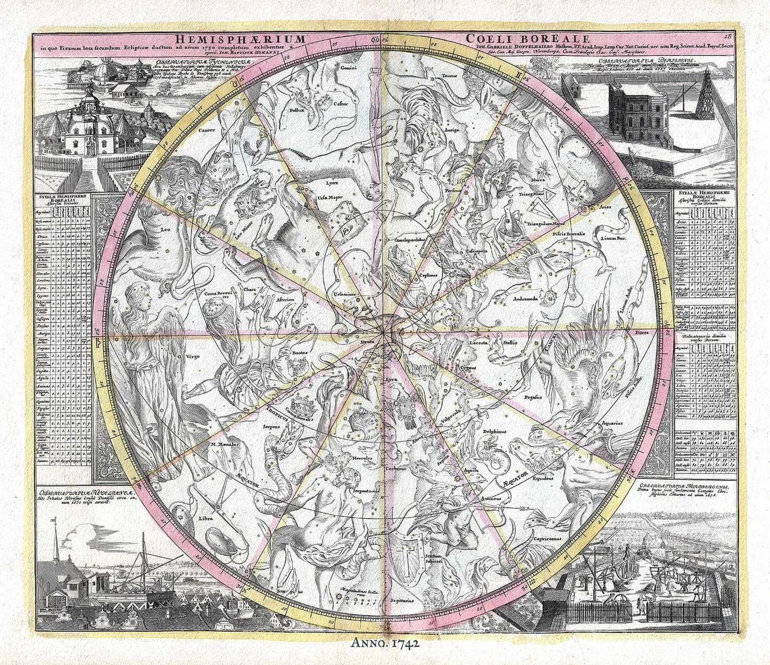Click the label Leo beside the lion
coord(165,230)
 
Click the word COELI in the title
coord(491,39)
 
